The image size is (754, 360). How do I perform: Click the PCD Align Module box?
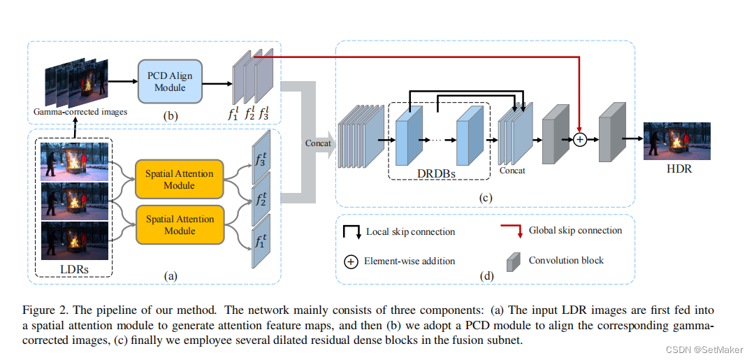pyautogui.click(x=171, y=82)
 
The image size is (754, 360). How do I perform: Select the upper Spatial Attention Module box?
pyautogui.click(x=180, y=178)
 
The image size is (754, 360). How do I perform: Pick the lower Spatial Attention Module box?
pyautogui.click(x=180, y=225)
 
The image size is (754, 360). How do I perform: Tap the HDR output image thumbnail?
pyautogui.click(x=676, y=141)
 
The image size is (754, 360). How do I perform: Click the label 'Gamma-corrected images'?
pyautogui.click(x=80, y=111)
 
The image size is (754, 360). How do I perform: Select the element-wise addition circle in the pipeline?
pyautogui.click(x=579, y=140)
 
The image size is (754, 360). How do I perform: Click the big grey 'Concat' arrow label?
pyautogui.click(x=318, y=143)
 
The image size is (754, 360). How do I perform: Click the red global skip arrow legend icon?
pyautogui.click(x=510, y=232)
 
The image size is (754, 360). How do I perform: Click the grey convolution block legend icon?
pyautogui.click(x=514, y=261)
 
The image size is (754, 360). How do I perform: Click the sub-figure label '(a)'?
pyautogui.click(x=171, y=276)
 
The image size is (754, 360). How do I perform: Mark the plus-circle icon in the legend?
pyautogui.click(x=351, y=261)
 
